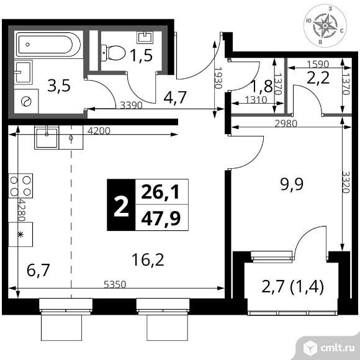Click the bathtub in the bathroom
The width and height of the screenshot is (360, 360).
tap(48, 45)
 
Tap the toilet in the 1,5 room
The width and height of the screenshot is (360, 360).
tap(113, 53)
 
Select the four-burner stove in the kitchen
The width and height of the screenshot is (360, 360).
tap(20, 186)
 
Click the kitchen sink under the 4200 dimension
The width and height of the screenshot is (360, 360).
tap(47, 137)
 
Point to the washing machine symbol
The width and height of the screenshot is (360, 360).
tap(26, 101)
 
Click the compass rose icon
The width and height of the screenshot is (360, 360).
tap(325, 25)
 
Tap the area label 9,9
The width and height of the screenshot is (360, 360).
tap(292, 184)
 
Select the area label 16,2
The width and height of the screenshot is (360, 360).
tap(148, 259)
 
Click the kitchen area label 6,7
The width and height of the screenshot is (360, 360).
tap(38, 270)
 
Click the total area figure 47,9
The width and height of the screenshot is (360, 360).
tap(161, 218)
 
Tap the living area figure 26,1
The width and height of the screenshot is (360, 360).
tap(160, 192)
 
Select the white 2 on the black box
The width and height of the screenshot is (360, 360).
tap(121, 207)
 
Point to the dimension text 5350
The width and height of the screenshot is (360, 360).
tap(115, 285)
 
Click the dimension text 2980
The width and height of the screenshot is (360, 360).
tap(286, 124)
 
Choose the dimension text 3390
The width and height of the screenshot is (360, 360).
tap(132, 105)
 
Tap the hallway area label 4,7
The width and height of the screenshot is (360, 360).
tap(174, 98)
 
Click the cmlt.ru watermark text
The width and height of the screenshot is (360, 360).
tap(338, 349)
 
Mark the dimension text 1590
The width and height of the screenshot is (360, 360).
tap(318, 64)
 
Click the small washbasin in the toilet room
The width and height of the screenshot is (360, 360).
tap(145, 37)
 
